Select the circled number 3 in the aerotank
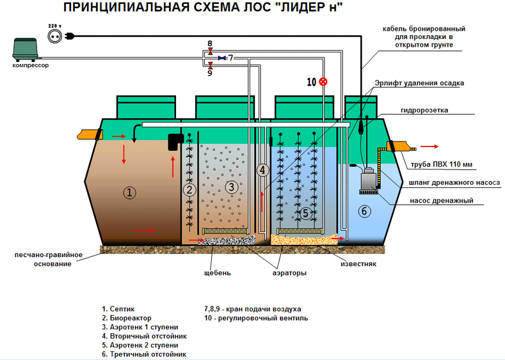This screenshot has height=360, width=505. coord(231,186)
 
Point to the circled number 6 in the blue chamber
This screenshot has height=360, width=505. coord(363,211)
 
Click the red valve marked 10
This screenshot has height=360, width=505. coord(323,81)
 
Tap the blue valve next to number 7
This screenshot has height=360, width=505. coord(221,58)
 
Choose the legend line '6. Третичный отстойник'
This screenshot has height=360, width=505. coord(143,354)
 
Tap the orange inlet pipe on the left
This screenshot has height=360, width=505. coord(86,135)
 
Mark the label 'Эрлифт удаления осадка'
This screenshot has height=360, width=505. coord(420,83)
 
